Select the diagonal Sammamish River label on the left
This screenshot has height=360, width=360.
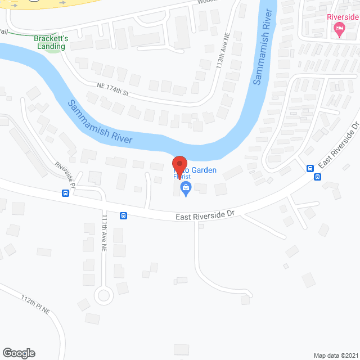[100, 121]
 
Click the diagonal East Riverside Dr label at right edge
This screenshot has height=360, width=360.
[339, 147]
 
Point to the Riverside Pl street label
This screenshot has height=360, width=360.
[65, 174]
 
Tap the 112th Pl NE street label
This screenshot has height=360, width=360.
[36, 304]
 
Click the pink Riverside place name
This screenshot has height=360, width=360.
[343, 17]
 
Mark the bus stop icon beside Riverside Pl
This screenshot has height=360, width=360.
[66, 193]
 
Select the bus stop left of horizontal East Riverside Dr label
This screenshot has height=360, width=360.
[124, 215]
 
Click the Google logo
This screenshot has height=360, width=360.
[18, 353]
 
